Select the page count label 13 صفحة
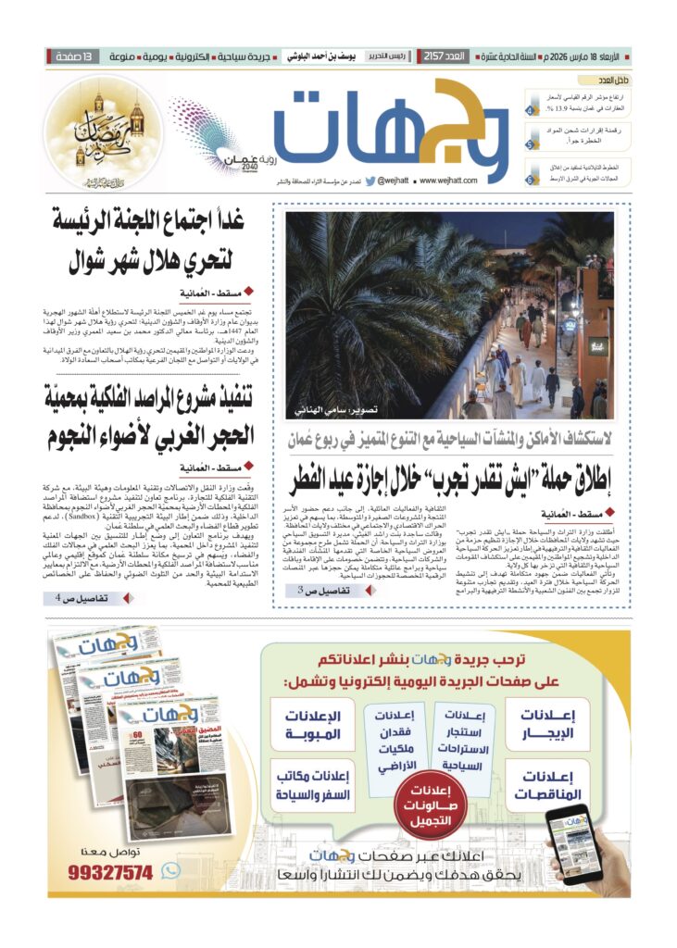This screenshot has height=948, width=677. point(72,56)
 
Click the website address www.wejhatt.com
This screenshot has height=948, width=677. point(448,181)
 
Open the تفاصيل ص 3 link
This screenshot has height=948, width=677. point(324,590)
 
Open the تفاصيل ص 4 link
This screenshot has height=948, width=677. point(81,599)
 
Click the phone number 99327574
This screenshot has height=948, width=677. point(112,872)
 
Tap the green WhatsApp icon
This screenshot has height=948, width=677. point(170,870)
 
